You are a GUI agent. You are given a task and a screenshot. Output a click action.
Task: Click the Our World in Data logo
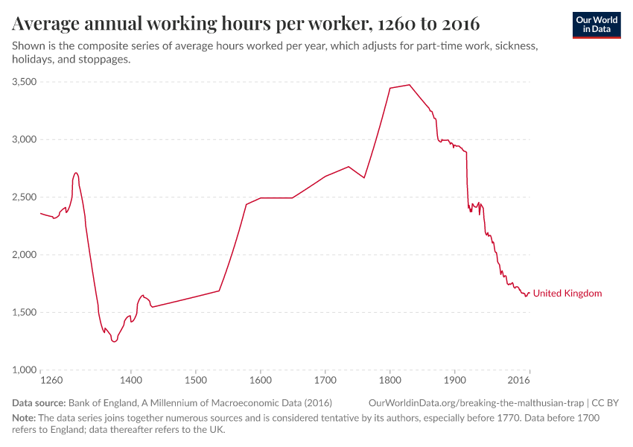click(596, 25)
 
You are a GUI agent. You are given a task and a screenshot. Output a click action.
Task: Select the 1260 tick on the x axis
click(51, 381)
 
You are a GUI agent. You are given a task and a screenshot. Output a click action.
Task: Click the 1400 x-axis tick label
click(131, 381)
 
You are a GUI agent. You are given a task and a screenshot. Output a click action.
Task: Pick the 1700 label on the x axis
click(325, 381)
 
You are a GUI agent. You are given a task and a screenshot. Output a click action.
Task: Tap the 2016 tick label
click(519, 381)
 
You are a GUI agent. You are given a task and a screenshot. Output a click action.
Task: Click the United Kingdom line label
click(567, 294)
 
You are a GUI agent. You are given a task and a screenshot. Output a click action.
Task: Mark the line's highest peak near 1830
click(410, 85)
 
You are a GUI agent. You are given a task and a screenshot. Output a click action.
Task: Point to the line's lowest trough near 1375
click(114, 342)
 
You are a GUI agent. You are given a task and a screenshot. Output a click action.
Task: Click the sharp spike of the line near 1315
click(76, 173)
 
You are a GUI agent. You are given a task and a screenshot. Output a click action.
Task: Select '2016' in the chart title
click(459, 24)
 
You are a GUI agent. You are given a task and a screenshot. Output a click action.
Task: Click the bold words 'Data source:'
click(38, 402)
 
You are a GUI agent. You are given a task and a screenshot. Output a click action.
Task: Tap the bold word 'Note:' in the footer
click(25, 418)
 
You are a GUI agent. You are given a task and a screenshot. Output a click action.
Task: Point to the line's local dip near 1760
click(364, 177)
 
